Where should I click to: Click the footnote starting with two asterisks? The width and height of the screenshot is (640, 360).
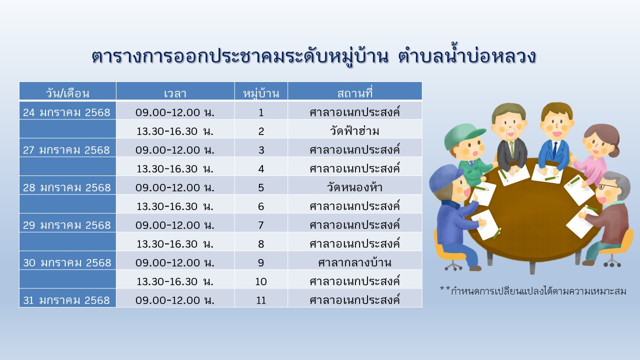tap(533, 291)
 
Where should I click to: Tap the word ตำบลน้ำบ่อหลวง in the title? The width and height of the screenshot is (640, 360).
tap(467, 55)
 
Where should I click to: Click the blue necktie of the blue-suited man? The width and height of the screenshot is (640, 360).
tap(554, 150)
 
